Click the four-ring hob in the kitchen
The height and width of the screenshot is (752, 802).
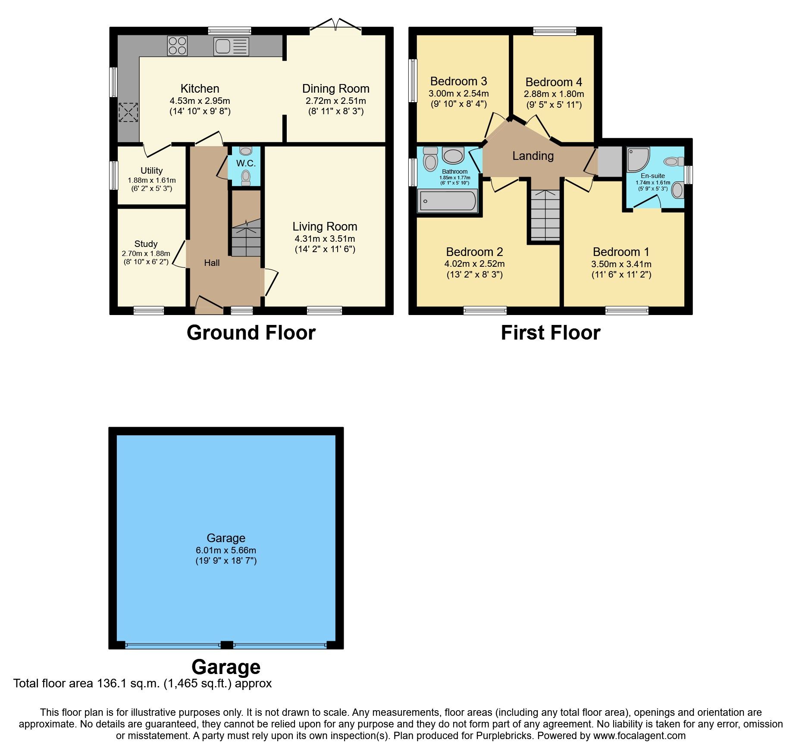pos(177,46)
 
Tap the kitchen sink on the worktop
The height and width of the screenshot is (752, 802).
pos(231,46)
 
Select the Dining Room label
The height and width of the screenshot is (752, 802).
pos(335,89)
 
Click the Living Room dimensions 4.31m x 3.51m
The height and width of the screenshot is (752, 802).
pos(325,239)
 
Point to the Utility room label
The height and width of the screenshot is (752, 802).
pos(151,171)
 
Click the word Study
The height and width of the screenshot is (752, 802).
pos(146,244)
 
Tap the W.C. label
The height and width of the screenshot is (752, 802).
pos(246,163)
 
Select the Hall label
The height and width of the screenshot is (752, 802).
pos(212,263)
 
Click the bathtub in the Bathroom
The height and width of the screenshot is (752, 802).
pos(448,201)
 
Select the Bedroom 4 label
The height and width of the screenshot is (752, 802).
pos(554,82)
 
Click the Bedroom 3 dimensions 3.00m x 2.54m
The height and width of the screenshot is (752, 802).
pos(458,94)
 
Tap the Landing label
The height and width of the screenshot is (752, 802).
pos(533,156)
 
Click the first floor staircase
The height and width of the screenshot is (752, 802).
pos(545,215)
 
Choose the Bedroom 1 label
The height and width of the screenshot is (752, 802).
pos(621,252)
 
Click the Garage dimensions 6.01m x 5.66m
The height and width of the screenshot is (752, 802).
pos(226,550)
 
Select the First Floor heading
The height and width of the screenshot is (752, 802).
pos(550,333)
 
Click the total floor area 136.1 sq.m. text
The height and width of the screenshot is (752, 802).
pos(142,683)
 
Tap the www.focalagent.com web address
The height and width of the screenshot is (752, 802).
pos(639,736)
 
